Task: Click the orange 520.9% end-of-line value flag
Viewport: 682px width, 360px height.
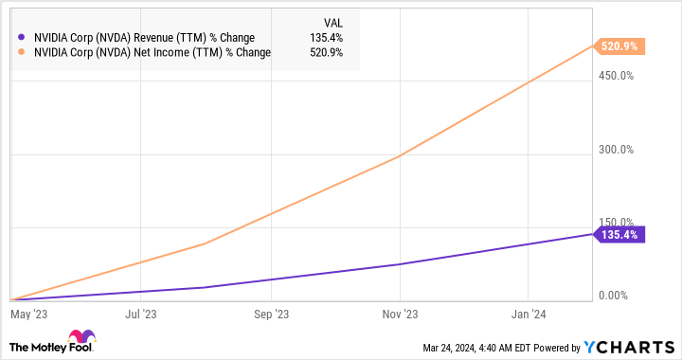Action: (619, 45)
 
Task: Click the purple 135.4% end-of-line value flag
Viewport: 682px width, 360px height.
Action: (619, 233)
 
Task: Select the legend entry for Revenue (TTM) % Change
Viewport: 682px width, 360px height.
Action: (142, 38)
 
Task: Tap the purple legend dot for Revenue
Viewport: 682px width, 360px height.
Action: (21, 38)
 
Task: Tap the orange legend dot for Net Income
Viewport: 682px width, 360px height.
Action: (21, 52)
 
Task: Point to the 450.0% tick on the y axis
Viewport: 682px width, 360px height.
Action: (615, 76)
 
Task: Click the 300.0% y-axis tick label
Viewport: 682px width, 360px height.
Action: (615, 150)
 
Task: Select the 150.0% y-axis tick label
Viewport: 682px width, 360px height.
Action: (615, 222)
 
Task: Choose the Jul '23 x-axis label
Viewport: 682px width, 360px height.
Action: (140, 312)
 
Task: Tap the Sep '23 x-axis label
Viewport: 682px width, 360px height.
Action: (271, 312)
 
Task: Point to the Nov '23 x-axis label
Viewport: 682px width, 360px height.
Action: (401, 312)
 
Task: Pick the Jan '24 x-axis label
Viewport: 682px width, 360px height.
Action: (529, 312)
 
